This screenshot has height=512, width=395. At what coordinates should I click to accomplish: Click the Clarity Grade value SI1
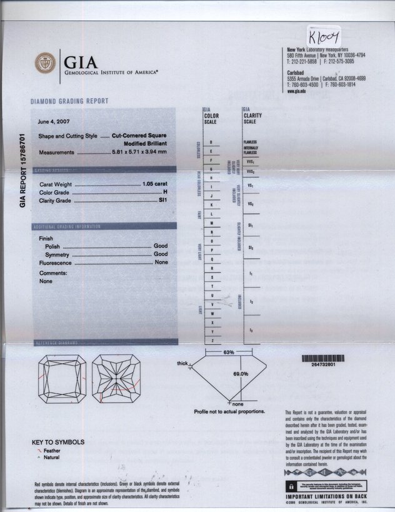click(x=164, y=201)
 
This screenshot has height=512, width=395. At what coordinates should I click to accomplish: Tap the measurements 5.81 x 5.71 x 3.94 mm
click(x=139, y=152)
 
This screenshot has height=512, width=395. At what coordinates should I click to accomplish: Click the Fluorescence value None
click(x=162, y=263)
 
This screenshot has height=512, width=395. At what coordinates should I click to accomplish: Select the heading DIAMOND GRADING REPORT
click(x=69, y=101)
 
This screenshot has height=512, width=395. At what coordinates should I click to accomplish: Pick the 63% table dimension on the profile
click(x=228, y=353)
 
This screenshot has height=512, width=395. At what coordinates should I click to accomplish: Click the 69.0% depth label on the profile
click(x=241, y=374)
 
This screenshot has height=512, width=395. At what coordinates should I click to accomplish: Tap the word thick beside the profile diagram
click(x=182, y=363)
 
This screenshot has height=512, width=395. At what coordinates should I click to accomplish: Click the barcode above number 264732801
click(x=322, y=358)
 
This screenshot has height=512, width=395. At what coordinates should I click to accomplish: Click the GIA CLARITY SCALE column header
click(x=252, y=116)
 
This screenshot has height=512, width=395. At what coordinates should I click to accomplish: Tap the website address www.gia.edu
click(x=296, y=91)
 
